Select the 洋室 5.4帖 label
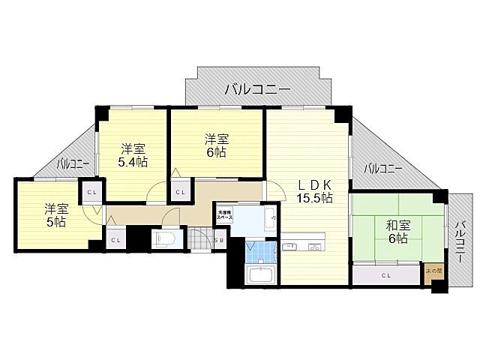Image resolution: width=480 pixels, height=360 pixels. pos(132,155)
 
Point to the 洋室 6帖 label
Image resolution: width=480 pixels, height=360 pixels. pos(217,145)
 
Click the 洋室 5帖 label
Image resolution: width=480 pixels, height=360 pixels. pos(54,215)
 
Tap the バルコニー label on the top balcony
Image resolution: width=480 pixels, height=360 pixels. pos(257,90)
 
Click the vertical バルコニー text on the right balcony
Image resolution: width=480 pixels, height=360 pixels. pos(459,240)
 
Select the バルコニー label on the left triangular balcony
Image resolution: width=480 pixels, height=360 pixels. pos(73,163)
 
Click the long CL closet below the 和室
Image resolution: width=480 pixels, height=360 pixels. pos(385,275)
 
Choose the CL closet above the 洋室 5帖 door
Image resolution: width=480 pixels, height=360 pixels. pos(91,192)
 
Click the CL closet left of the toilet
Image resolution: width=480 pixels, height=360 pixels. pos(115,240)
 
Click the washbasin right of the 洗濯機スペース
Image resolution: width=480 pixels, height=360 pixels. pos(271,220)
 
